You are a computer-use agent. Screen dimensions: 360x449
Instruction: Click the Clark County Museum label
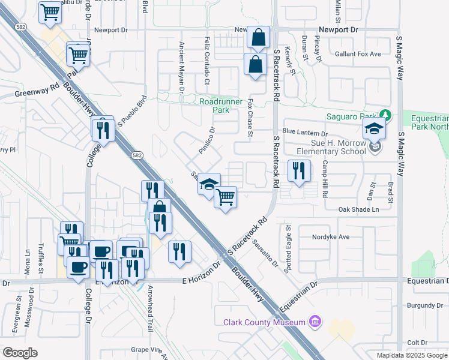pyautogui.click(x=265, y=322)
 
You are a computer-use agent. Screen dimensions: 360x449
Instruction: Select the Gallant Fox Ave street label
pyautogui.click(x=358, y=54)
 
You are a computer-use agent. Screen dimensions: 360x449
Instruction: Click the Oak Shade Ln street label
pyautogui.click(x=359, y=209)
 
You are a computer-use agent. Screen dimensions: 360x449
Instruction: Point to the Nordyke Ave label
pyautogui.click(x=330, y=237)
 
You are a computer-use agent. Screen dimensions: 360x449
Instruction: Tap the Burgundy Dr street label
pyautogui.click(x=424, y=305)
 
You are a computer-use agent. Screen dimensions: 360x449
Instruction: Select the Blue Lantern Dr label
pyautogui.click(x=305, y=133)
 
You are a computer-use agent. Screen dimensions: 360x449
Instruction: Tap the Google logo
pyautogui.click(x=20, y=353)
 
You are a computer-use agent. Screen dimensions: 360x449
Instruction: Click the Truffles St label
pyautogui.click(x=41, y=260)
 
